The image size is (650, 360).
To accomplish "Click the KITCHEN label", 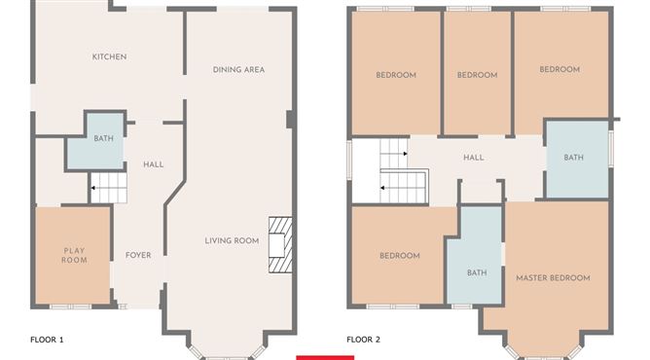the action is coord(109,56).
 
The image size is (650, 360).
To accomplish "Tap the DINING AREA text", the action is coord(238,70).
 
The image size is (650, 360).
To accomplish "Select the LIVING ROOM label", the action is coord(232,240).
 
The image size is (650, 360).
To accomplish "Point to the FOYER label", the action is coord(138,255).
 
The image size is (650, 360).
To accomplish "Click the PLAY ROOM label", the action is coord(75,256).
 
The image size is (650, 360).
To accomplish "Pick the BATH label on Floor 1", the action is coord(104,138).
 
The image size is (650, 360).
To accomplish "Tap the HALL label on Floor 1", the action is coord(154,164).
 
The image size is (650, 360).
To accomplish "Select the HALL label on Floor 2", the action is coord(474,158).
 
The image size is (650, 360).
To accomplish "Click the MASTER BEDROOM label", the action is coord(553,278).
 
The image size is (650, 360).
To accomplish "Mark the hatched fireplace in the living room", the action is coord(280,245).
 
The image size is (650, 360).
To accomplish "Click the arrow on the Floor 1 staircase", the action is coord(93,188).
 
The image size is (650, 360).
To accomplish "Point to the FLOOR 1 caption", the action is coord(47,340).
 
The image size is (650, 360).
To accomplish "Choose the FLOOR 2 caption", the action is coord(363,340).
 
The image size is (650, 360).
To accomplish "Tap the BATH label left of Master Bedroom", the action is coord(477,273).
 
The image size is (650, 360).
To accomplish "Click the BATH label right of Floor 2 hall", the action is coord(574,158).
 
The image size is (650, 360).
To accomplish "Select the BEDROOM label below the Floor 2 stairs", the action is coord(400,256).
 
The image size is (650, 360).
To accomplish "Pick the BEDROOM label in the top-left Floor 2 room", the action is coord(396,75).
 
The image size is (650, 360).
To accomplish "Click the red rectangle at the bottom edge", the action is coord(325,358).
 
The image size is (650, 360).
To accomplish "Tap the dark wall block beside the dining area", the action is coord(291,120).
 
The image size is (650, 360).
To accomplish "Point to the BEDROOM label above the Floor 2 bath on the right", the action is coord(560,69).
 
